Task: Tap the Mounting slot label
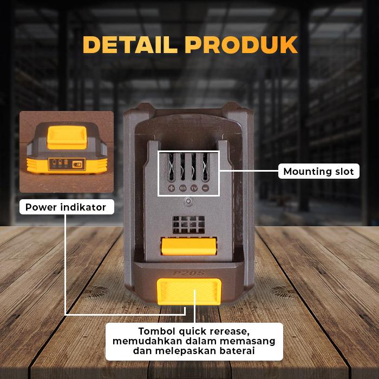click(x=319, y=172)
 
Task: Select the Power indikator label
click(x=66, y=207)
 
